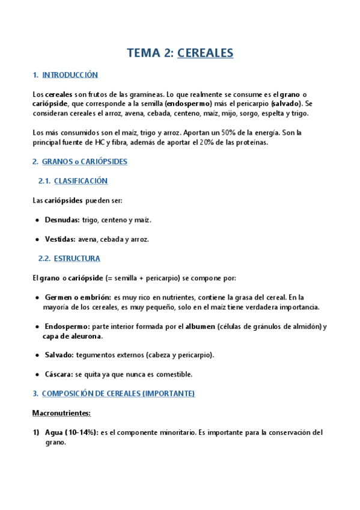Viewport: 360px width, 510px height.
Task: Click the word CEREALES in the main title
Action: pos(205,53)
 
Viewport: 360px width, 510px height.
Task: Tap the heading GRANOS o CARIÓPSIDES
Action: pos(84,162)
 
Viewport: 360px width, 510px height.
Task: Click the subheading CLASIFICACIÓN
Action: pos(81,180)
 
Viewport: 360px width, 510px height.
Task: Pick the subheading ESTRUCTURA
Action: pos(77,259)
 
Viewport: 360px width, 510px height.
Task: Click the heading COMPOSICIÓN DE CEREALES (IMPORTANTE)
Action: pos(118,393)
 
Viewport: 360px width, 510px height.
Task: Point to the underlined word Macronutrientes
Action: pos(61,413)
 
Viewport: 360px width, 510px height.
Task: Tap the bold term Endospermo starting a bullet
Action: pos(67,327)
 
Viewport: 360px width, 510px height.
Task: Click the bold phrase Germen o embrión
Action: pos(78,297)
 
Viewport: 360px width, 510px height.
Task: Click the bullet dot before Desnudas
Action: pos(37,220)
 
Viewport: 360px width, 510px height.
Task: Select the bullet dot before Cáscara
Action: pos(37,374)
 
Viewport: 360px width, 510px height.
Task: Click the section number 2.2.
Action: pos(44,259)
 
